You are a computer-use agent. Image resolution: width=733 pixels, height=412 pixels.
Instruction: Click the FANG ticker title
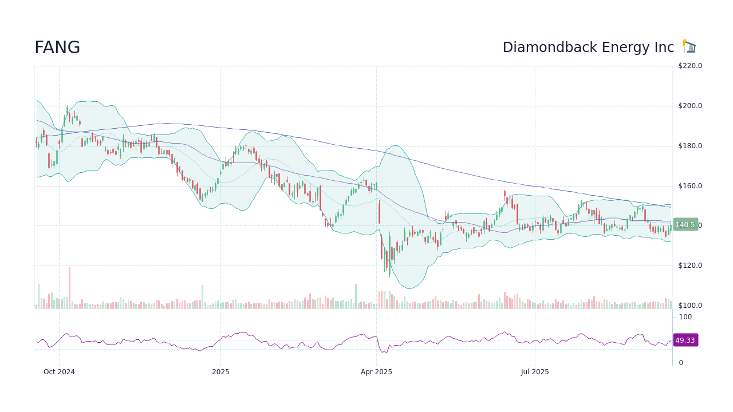point(57,48)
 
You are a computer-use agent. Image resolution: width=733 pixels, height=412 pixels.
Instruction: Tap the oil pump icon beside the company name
point(689,46)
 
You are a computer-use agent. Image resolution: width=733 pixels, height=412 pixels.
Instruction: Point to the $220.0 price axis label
point(690,66)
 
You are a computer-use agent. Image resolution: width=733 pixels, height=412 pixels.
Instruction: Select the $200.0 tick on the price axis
point(690,106)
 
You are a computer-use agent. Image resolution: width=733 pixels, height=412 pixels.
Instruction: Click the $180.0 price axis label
point(690,146)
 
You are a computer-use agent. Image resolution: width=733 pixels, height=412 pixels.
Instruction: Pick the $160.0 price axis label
point(690,186)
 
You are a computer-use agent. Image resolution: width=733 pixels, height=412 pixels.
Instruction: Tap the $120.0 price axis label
point(690,266)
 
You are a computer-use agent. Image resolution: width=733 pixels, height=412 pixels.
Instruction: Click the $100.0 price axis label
point(690,306)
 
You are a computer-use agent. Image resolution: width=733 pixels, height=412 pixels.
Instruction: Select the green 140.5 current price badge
point(685,225)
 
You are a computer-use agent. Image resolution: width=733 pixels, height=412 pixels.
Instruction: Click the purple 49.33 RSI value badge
point(685,340)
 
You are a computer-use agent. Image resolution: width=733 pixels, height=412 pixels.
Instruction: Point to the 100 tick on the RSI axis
point(685,317)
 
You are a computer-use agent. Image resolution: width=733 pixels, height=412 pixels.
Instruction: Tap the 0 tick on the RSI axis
point(681,363)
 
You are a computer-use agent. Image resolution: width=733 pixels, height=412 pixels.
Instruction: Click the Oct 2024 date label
point(59,372)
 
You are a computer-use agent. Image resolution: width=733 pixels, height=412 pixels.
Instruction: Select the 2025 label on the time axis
point(220,372)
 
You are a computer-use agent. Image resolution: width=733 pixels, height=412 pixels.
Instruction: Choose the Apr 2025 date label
point(376,372)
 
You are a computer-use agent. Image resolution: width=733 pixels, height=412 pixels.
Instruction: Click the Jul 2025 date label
point(535,372)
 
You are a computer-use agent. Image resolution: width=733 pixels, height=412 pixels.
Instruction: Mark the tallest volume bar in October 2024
point(69,288)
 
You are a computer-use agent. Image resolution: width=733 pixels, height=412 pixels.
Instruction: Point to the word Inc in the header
point(664,48)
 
